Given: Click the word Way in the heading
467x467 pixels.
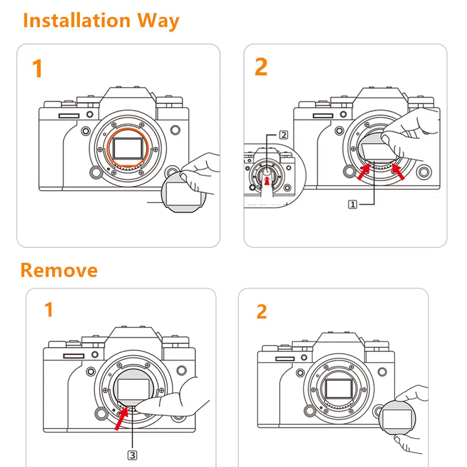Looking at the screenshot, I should pyautogui.click(x=157, y=21).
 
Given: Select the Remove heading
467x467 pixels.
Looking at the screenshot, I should pyautogui.click(x=59, y=270).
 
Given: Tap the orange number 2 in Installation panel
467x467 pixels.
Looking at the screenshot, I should pyautogui.click(x=261, y=67).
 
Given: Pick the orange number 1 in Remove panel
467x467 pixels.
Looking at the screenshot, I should pyautogui.click(x=49, y=310).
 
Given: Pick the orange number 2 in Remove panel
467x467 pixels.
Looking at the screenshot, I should pyautogui.click(x=262, y=311).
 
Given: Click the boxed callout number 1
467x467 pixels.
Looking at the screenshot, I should pyautogui.click(x=353, y=204).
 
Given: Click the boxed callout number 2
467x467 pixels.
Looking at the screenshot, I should pyautogui.click(x=283, y=135).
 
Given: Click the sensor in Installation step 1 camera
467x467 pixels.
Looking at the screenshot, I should pyautogui.click(x=128, y=149).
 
